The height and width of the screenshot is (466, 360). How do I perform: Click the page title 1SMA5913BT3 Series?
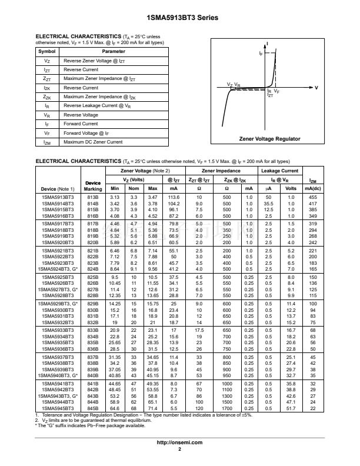point(180,18)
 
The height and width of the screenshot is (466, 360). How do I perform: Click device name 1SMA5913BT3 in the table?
point(58,197)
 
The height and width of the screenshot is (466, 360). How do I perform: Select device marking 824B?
point(92,269)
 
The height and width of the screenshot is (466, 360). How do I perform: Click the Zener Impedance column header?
point(220,171)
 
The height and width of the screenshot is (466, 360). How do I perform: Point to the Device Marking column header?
point(92,186)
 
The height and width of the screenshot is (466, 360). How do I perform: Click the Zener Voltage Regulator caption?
point(269,139)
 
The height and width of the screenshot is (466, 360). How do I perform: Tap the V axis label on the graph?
point(316,88)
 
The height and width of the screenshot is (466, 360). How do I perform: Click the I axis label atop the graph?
point(268,44)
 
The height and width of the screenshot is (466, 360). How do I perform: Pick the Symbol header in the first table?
point(46,52)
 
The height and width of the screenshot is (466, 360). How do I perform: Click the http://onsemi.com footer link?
point(180,442)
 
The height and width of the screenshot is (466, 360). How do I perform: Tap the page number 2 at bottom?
point(180,449)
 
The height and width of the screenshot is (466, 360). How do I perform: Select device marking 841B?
point(92,384)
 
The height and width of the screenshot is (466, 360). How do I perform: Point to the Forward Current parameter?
point(81,124)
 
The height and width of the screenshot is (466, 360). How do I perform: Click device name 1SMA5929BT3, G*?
point(58,304)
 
